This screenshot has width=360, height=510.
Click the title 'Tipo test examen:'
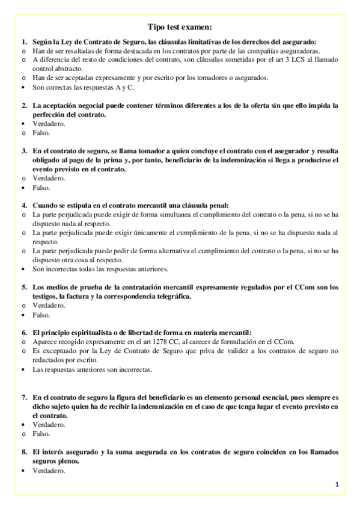tap(180, 27)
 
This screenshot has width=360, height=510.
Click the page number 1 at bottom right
tap(337, 484)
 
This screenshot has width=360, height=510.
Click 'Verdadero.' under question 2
tap(49, 123)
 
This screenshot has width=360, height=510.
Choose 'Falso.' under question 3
tap(42, 188)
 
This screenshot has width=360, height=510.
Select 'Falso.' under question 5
tap(42, 315)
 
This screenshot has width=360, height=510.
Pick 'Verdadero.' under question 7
tap(49, 425)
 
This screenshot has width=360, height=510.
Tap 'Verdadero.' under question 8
tap(49, 471)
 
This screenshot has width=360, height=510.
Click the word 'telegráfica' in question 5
tap(172, 296)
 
